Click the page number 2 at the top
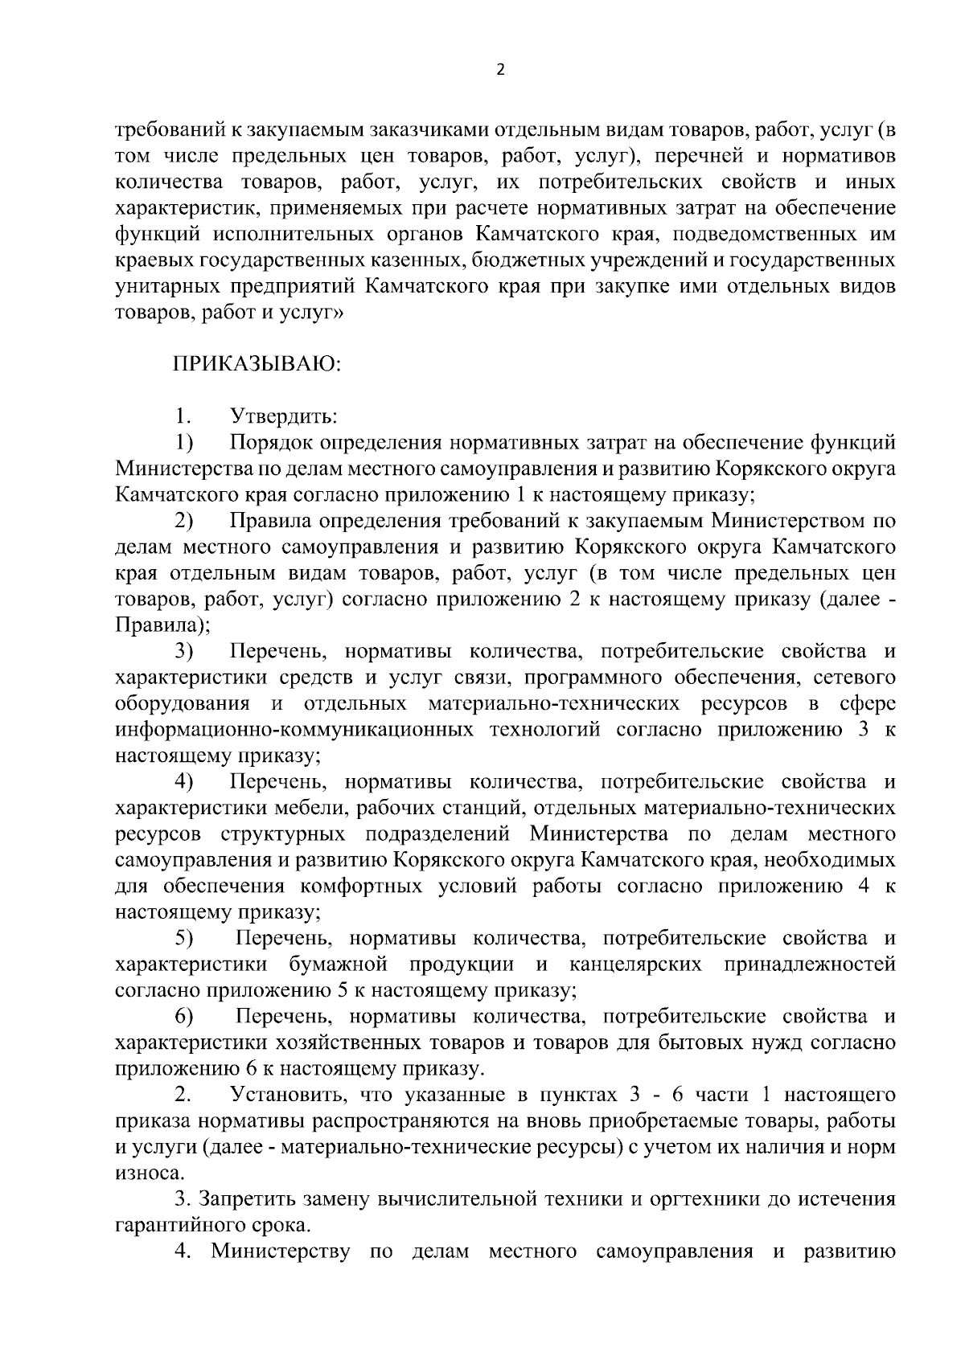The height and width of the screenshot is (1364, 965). [x=500, y=70]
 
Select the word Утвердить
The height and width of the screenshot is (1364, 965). [x=283, y=417]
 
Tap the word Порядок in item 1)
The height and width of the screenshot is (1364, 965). [x=270, y=443]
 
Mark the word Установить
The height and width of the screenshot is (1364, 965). [x=287, y=1095]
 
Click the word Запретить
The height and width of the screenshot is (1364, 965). [x=249, y=1199]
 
